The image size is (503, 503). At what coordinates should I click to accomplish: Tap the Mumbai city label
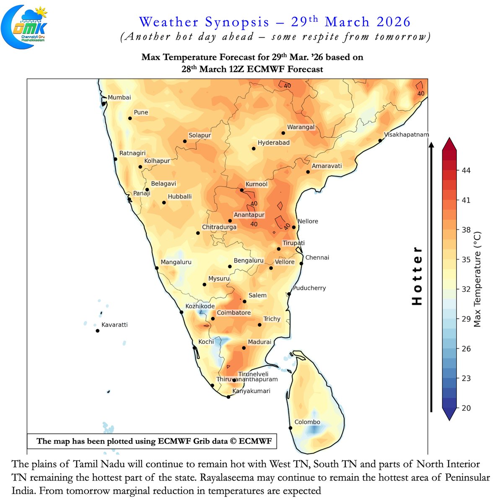[119, 97]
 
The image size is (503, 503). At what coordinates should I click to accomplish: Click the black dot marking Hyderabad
[254, 149]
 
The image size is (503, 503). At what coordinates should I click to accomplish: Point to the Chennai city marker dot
[301, 264]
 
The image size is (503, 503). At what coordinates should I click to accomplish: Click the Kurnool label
[256, 184]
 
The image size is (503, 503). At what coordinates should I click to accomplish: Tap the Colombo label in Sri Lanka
[307, 422]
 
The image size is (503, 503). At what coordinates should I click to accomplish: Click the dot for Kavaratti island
[98, 331]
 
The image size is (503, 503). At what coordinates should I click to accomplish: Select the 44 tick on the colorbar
[466, 170]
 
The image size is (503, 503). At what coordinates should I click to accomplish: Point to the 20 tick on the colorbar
[466, 408]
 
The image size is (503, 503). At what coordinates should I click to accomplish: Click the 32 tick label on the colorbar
[466, 289]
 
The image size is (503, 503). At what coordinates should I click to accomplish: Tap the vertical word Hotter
[417, 276]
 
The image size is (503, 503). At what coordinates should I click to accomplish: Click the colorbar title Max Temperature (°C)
[478, 279]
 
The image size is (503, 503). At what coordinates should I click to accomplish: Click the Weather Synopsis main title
[275, 22]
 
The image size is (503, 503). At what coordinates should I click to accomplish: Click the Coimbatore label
[233, 313]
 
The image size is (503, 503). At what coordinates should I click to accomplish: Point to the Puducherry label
[309, 288]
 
